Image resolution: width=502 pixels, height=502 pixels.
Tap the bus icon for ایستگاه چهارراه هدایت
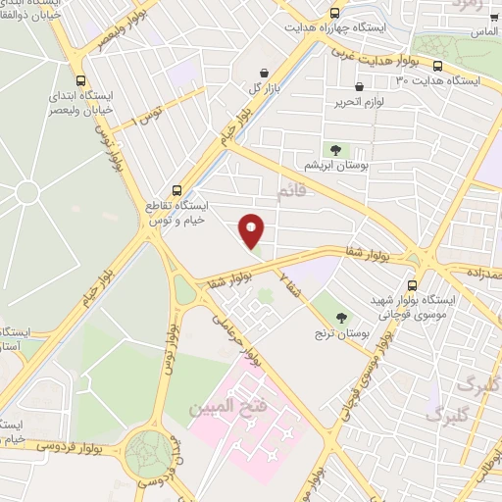(x=335, y=13)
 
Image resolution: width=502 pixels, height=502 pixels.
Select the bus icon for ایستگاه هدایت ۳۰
(x=437, y=67)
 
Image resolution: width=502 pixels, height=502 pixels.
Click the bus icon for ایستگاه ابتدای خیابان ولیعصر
(x=79, y=82)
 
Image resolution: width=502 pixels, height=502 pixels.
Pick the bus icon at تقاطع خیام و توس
(x=176, y=188)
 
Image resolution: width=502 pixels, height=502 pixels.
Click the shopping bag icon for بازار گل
(x=264, y=73)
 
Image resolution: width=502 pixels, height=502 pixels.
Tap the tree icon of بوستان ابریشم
(x=336, y=150)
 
